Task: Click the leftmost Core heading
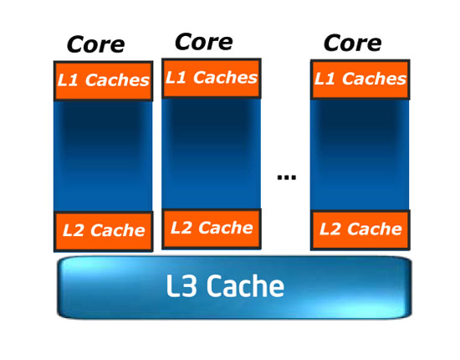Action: point(96,45)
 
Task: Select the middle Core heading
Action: point(204,42)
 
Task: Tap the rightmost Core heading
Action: point(353,44)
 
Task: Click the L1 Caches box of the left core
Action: point(103,80)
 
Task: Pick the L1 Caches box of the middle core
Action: point(212,78)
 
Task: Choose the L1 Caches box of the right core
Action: point(360,80)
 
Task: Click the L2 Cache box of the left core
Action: point(103,231)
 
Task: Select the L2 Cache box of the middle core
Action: point(212,229)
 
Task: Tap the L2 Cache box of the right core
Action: point(360,230)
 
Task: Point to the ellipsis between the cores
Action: point(287,177)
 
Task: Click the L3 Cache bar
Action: point(234,287)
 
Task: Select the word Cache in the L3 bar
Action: point(246,285)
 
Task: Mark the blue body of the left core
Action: point(103,156)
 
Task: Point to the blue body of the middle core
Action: point(212,153)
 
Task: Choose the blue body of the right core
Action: point(360,155)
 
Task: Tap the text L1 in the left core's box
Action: point(68,80)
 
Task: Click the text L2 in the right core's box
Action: point(330,229)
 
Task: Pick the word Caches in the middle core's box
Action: point(225,78)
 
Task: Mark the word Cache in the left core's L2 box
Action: point(118,230)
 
